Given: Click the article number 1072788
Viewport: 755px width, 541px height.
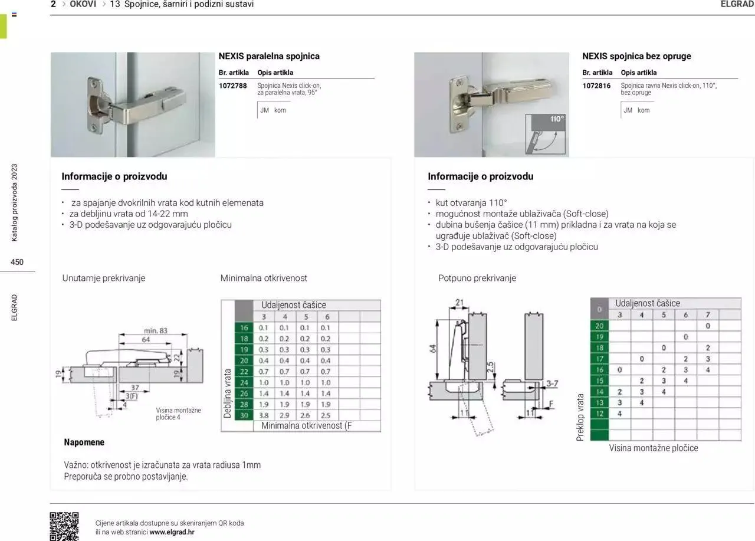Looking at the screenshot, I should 232,86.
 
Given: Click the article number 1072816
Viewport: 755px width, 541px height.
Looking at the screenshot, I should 596,86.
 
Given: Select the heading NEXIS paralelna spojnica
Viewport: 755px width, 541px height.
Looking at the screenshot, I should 269,56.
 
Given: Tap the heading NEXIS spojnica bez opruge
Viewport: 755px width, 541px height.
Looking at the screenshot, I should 636,56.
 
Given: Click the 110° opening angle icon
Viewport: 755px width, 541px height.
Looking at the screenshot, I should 546,134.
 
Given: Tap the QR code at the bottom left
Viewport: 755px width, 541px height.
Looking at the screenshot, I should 64,526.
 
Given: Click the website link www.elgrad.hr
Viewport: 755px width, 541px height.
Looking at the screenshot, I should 172,532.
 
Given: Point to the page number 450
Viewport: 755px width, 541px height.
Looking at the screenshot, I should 17,262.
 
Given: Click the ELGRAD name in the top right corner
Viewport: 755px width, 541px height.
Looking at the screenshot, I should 737,4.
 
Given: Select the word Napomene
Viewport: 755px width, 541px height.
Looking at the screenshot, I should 84,442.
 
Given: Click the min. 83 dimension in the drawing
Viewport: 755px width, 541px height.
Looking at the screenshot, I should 155,330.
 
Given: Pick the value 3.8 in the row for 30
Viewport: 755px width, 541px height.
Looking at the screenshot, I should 264,415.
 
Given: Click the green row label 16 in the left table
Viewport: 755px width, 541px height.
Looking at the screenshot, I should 244,328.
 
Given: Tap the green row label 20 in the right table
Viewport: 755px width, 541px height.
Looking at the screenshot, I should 599,326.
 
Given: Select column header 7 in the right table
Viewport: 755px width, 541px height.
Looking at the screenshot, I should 707,315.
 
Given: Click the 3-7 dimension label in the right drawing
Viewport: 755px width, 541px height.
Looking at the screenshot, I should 552,383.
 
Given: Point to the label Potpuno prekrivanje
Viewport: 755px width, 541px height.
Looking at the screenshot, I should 477,278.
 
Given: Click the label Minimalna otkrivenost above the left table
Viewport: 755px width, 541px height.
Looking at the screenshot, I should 264,278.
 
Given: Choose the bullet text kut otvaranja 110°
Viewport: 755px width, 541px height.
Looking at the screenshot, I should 471,202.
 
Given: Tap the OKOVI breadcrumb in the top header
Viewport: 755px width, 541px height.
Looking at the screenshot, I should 83,4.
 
